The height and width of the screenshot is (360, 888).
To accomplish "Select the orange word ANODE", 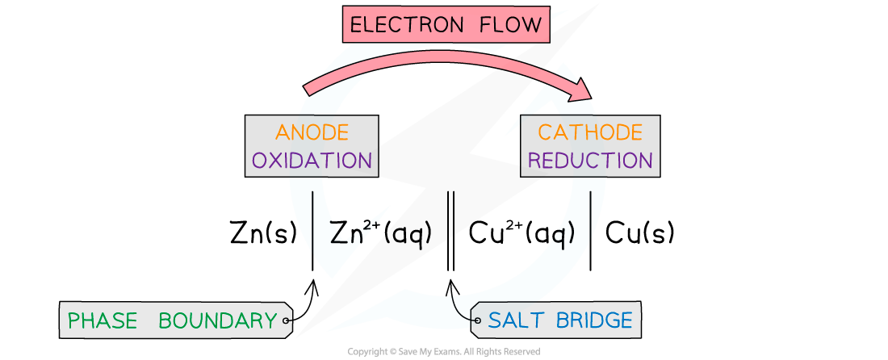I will click(312, 132).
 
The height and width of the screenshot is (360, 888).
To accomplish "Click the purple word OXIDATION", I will click(312, 160).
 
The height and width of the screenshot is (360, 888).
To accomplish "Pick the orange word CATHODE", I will click(590, 132).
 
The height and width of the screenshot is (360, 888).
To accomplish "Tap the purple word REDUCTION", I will click(590, 160).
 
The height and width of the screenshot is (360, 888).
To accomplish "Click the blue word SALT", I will click(517, 320).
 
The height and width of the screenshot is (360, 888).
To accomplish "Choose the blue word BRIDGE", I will click(593, 320).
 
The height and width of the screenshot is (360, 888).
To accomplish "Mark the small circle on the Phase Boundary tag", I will click(286, 321).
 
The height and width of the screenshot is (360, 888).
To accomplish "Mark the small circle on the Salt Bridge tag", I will click(477, 321).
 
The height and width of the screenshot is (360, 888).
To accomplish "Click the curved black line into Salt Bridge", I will click(459, 309).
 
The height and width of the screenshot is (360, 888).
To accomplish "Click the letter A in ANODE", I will click(283, 132).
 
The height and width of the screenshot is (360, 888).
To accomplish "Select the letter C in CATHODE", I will click(545, 132).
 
